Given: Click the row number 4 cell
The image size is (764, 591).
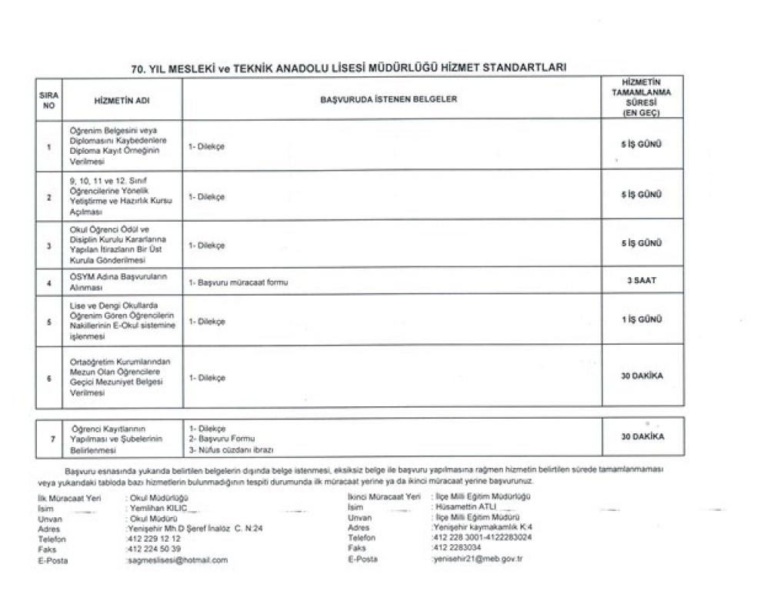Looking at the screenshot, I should pyautogui.click(x=48, y=282).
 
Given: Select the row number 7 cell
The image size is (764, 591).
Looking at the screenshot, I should pyautogui.click(x=51, y=437).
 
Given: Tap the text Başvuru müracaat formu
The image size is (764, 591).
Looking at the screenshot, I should pyautogui.click(x=239, y=282).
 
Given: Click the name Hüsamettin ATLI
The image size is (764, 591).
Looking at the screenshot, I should pyautogui.click(x=465, y=508).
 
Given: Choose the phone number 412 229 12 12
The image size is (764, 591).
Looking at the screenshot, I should pyautogui.click(x=154, y=539).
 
